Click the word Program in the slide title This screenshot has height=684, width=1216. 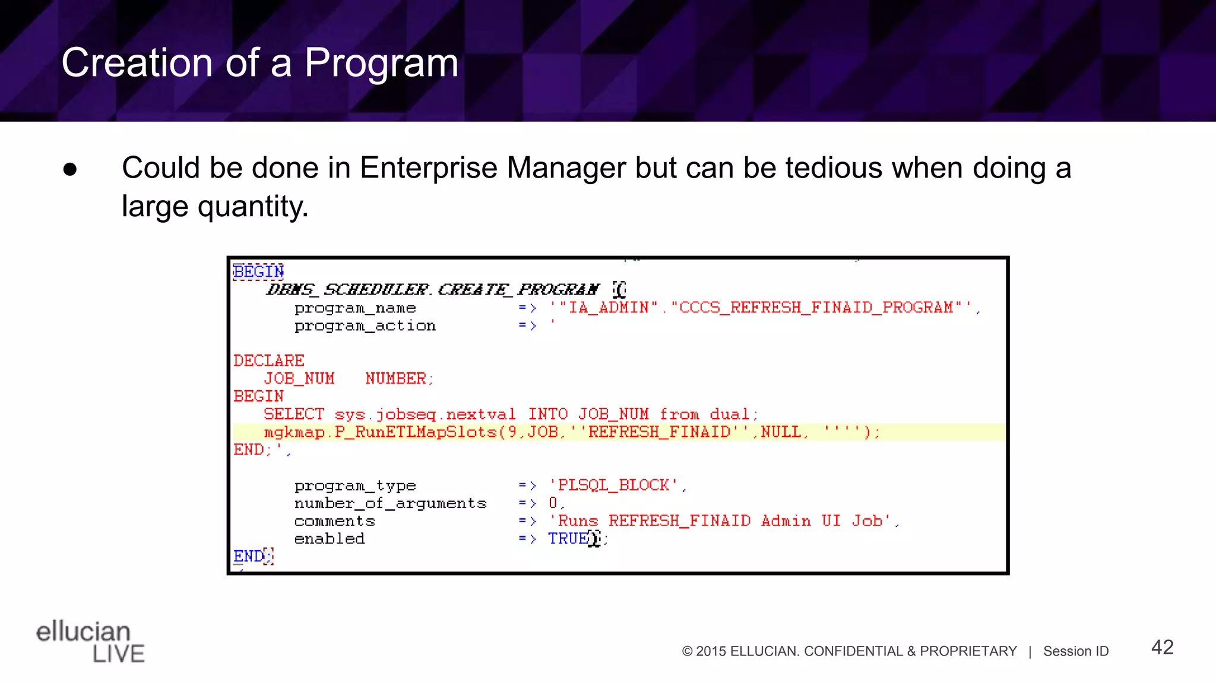tap(381, 63)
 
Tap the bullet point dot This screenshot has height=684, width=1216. tap(70, 169)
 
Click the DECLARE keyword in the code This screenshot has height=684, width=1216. tap(268, 361)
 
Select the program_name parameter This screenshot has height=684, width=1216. tap(355, 308)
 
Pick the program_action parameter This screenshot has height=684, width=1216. tap(365, 326)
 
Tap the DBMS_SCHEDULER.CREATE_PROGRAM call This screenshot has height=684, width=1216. tap(432, 290)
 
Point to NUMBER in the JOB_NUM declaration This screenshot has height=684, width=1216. tap(396, 379)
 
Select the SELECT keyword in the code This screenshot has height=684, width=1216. tap(294, 414)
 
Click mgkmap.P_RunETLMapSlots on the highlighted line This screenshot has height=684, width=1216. tap(380, 432)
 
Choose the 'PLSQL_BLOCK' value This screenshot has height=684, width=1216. tap(614, 486)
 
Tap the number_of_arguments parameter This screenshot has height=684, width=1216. tap(390, 503)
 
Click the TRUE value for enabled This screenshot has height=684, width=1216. tap(568, 539)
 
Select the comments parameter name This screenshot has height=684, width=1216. tap(335, 521)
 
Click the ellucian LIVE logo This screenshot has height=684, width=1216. tap(90, 641)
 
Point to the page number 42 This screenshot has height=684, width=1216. tap(1162, 647)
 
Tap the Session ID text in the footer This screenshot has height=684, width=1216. tap(1076, 651)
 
